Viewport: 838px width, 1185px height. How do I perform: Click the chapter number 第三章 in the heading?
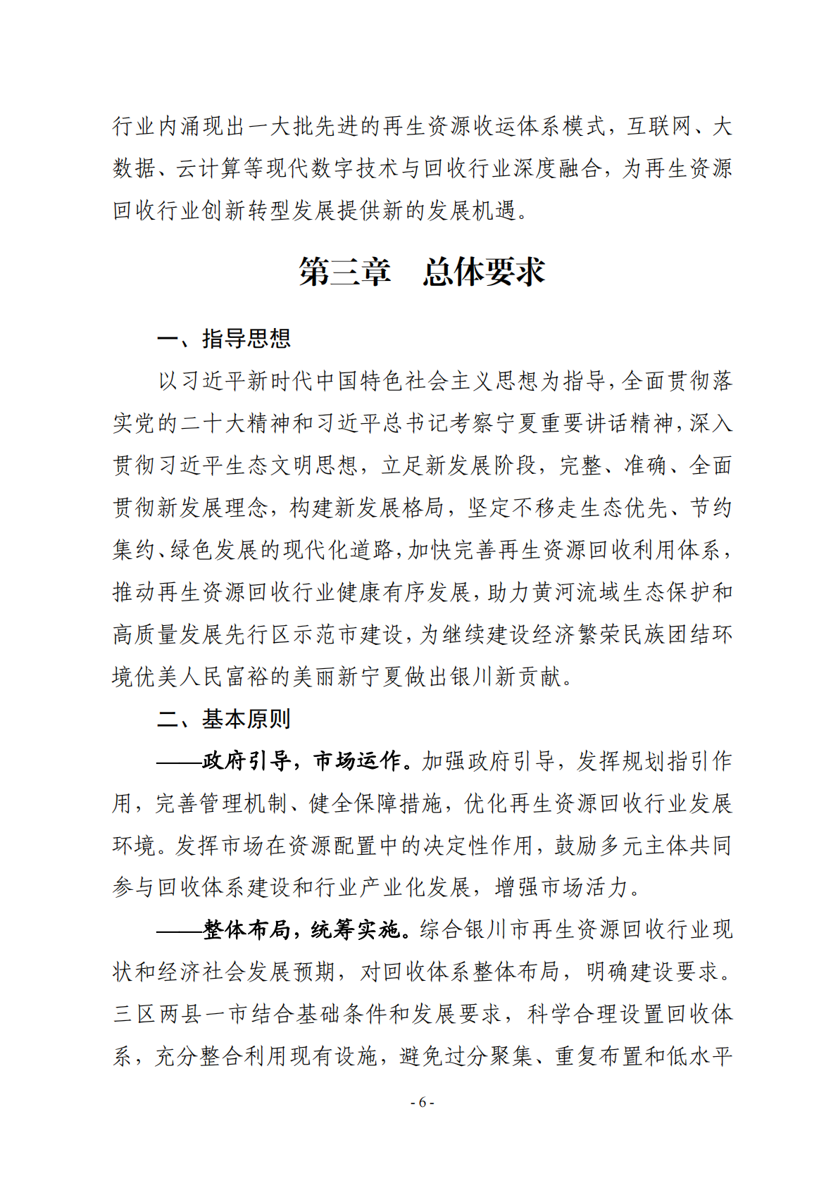point(344,272)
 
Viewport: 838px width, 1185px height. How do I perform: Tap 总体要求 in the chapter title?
point(484,272)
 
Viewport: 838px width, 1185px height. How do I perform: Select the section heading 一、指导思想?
point(224,339)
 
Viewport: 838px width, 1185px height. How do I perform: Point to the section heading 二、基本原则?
point(224,719)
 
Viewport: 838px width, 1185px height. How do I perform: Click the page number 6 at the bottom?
point(422,1103)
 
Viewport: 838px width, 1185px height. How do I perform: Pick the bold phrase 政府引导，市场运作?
point(301,761)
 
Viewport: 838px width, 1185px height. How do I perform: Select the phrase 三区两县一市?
point(180,1015)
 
